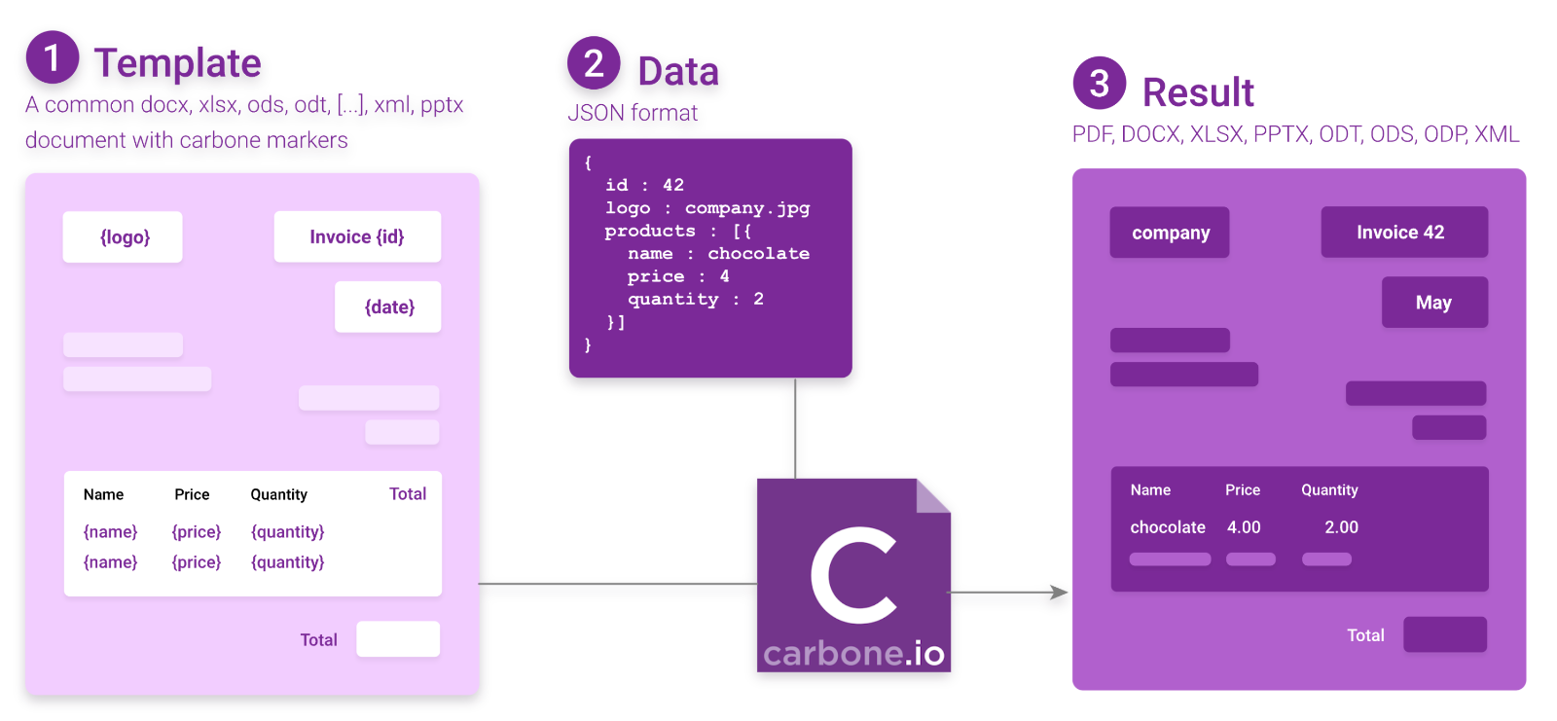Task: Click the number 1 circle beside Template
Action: (53, 57)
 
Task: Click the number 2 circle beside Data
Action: (594, 63)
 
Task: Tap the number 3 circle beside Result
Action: (1100, 84)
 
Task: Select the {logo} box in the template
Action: (123, 237)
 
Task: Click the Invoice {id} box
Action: (357, 237)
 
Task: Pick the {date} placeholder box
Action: (388, 307)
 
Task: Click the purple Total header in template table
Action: (408, 494)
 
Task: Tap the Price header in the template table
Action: (192, 495)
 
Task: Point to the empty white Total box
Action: (398, 639)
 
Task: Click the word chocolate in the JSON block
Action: (758, 254)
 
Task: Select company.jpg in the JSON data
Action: (746, 208)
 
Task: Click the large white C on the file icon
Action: (852, 575)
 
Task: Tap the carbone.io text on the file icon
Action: (853, 654)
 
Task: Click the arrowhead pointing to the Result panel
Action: (1059, 592)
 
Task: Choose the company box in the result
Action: (1170, 233)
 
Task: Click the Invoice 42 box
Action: (1403, 233)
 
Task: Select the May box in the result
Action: (1434, 303)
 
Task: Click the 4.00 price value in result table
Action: (1244, 527)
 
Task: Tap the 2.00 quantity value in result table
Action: (1341, 527)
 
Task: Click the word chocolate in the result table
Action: (1168, 527)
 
